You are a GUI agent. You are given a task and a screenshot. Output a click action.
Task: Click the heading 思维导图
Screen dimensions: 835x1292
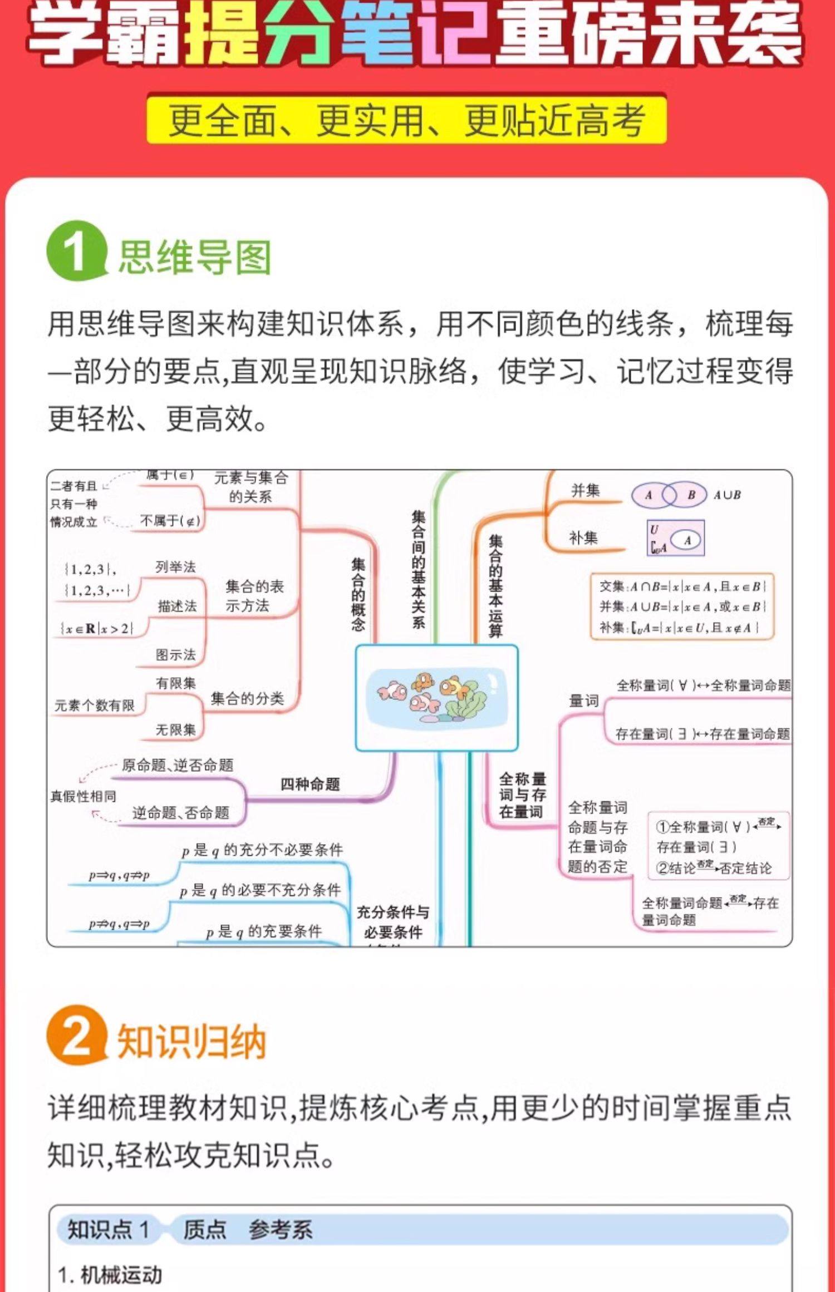tap(194, 257)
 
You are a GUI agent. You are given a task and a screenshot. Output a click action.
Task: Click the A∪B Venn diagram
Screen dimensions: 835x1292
tap(669, 495)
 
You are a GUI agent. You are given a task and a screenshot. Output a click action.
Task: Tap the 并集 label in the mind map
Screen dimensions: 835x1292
tap(585, 490)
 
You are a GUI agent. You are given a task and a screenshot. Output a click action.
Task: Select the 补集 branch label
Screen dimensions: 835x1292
tap(583, 537)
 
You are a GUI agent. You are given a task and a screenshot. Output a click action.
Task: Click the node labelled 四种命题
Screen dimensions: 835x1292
tap(310, 785)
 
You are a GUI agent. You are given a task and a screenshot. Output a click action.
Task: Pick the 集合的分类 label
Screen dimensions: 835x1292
tap(247, 698)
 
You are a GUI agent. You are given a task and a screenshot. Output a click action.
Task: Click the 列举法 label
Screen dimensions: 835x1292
tap(176, 567)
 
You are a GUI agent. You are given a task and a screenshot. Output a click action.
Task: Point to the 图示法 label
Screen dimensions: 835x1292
tap(176, 655)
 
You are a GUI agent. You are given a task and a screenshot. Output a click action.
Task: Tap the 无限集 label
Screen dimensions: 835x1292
tap(176, 729)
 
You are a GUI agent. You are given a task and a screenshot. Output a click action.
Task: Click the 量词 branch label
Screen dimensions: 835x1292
tap(584, 701)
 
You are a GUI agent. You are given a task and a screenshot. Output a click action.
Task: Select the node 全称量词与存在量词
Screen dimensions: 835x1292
tap(522, 795)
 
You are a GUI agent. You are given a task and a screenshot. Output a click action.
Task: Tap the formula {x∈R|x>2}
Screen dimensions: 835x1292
tap(97, 629)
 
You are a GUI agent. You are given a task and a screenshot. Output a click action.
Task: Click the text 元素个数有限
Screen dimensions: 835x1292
tap(95, 706)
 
